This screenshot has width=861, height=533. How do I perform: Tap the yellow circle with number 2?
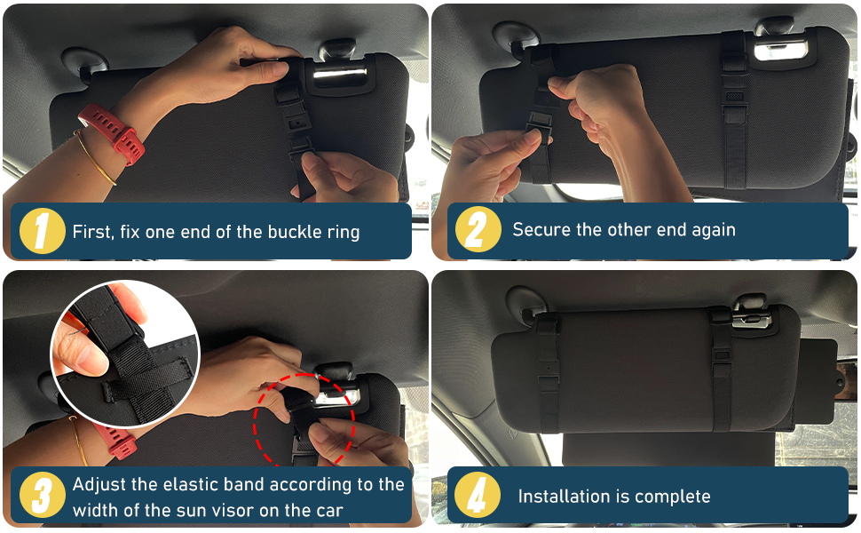477,230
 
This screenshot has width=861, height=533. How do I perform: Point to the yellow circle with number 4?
477,496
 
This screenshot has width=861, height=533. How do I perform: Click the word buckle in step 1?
268,232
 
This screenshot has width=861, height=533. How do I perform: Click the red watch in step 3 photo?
111,435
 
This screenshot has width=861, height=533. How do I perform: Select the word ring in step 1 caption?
341,232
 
